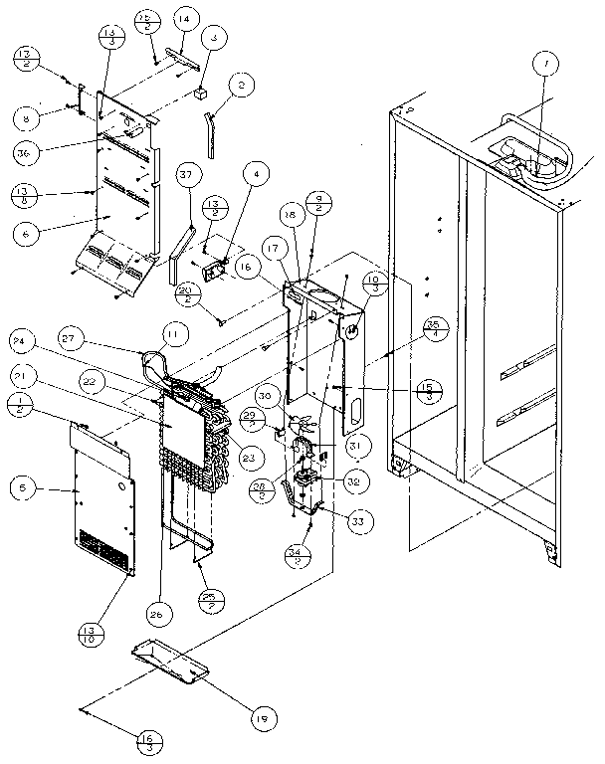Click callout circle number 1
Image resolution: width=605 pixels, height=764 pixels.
(543, 67)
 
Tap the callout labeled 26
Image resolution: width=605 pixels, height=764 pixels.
(155, 614)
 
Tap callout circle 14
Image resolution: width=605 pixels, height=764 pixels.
(182, 19)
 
